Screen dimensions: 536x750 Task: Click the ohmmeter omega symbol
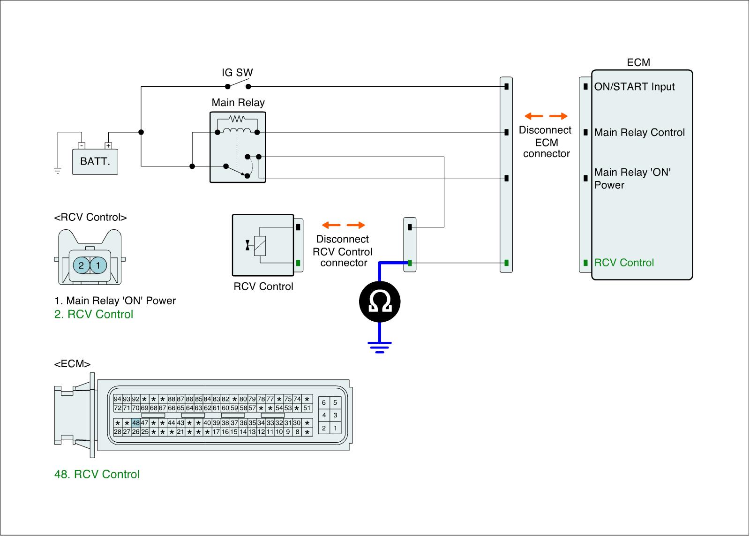(380, 302)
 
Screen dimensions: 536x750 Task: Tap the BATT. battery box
(95, 162)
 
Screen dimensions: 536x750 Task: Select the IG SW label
(237, 73)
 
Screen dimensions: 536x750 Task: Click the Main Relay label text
(238, 103)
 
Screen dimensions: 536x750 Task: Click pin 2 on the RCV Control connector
(81, 265)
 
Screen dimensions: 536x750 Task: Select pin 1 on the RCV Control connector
(98, 265)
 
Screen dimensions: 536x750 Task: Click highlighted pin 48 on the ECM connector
(136, 423)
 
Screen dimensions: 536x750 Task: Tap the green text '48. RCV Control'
(97, 475)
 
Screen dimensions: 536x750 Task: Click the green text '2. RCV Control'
(94, 315)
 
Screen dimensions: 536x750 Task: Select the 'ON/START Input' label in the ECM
(635, 87)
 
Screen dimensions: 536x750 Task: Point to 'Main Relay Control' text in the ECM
(639, 133)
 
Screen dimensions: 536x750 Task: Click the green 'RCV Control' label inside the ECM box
(624, 263)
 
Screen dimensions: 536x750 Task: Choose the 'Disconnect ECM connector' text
(546, 142)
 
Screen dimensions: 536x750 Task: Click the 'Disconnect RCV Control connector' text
(343, 251)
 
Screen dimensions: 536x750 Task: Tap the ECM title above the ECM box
(638, 63)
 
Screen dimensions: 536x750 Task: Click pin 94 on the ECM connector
(118, 399)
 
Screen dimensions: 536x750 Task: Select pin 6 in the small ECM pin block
(324, 403)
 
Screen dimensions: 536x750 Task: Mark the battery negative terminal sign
(81, 146)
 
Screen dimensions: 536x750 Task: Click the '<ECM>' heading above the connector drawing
(73, 364)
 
